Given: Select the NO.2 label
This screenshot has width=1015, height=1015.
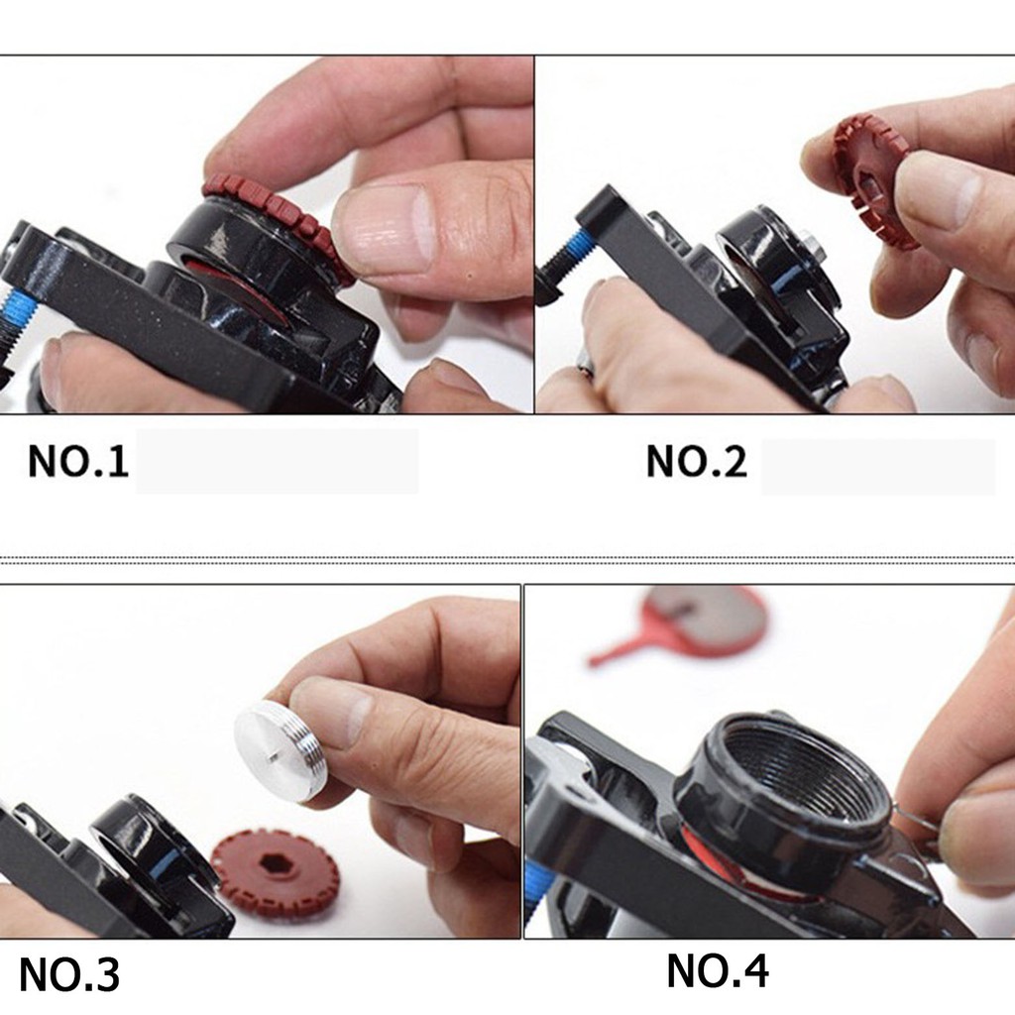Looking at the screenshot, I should coord(696,461).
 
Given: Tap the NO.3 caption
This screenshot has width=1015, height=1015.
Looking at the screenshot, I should coord(69,974).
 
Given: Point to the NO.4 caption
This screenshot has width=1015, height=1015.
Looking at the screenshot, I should coord(717,970).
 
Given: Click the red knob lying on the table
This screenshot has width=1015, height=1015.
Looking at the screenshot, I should coord(275,872).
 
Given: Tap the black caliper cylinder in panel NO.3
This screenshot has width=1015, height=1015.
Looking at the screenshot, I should coord(149,843).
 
